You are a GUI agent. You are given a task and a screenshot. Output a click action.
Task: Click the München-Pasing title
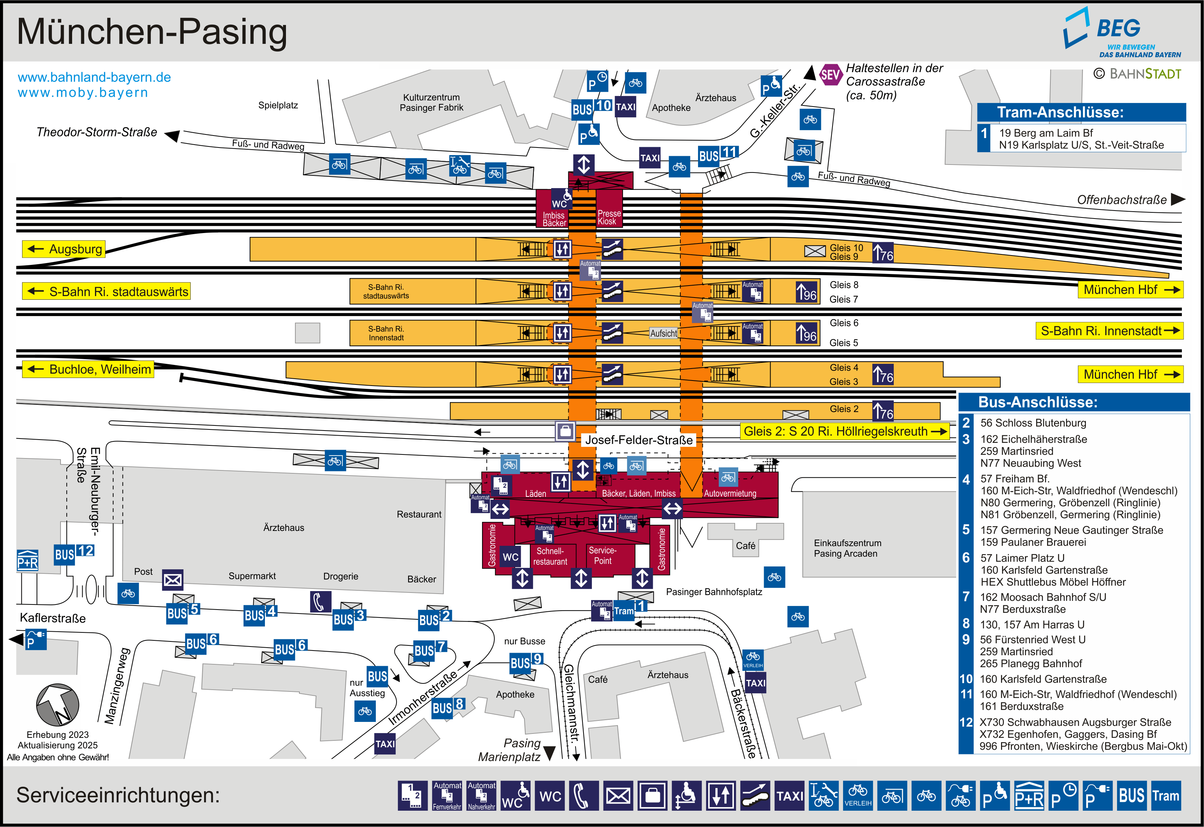152,32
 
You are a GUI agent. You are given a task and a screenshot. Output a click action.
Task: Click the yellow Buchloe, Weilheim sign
88,369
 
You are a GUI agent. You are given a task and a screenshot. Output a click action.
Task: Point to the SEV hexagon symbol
830,75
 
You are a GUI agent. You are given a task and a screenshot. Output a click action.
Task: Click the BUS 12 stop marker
74,553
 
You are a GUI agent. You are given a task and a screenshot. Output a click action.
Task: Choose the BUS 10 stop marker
591,107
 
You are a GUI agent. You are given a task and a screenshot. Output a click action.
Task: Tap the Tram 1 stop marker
629,609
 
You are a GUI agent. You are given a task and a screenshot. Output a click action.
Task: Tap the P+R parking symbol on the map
28,561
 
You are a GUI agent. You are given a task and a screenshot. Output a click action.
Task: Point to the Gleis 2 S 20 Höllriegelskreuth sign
844,431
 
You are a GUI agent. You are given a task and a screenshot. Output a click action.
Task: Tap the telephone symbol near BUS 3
319,602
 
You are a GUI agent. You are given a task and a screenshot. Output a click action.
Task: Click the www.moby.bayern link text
83,93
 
